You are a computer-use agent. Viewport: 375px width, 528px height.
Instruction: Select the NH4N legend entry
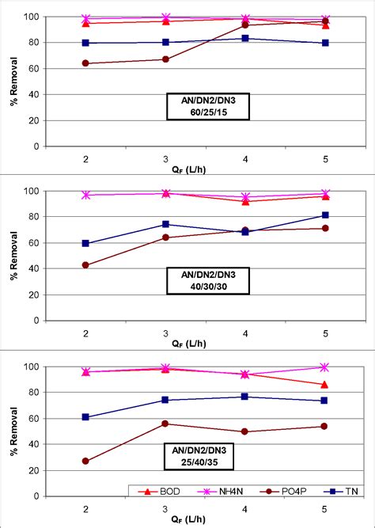(x=212, y=491)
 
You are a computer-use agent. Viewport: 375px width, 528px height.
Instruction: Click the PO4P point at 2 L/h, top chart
(x=85, y=63)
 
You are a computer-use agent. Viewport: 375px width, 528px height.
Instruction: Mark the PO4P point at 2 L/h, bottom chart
(x=85, y=461)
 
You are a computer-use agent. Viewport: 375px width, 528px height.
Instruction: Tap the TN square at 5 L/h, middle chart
(x=324, y=215)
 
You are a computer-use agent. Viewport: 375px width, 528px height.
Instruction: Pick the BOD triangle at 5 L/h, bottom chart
(x=324, y=385)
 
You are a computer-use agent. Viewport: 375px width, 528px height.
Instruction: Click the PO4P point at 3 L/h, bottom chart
(x=165, y=424)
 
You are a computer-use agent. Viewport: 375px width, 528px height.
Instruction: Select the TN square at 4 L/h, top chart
(x=245, y=38)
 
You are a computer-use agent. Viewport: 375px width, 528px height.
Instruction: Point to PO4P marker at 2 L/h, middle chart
(x=85, y=265)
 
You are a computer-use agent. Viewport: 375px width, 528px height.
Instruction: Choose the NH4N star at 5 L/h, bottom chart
(x=324, y=367)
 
